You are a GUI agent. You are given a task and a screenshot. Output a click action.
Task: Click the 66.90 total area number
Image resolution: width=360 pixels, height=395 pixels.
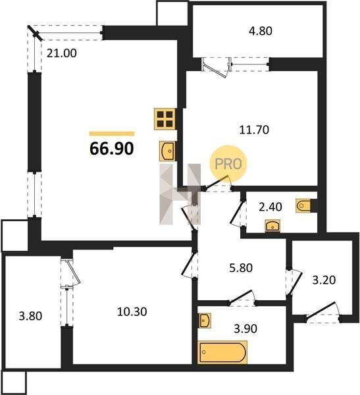[x=112, y=149]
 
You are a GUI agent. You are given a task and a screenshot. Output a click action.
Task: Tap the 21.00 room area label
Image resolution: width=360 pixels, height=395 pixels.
[x=62, y=53]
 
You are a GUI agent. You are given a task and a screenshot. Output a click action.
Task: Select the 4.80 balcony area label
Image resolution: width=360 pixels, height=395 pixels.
[x=261, y=31]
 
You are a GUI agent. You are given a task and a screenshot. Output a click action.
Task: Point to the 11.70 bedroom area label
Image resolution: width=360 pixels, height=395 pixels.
[x=254, y=130]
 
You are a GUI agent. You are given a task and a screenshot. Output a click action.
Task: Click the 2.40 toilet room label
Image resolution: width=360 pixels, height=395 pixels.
[x=270, y=207]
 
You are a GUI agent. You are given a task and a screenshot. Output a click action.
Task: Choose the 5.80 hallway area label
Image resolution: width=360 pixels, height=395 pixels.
[x=241, y=268]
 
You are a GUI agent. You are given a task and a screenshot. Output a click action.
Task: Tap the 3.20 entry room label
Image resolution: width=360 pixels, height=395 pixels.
[x=324, y=280]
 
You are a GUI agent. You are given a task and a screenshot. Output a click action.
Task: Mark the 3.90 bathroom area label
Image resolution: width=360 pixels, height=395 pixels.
[x=245, y=329]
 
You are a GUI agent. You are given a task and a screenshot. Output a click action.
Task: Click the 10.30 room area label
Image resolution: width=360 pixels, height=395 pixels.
[x=132, y=312]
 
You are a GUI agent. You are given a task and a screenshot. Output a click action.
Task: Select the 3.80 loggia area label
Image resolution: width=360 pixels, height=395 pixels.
[x=30, y=316]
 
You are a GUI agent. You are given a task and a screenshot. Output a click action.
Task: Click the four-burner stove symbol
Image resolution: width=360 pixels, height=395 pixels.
[x=165, y=119]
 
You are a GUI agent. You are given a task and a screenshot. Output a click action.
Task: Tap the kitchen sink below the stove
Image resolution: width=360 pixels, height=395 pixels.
[x=167, y=151]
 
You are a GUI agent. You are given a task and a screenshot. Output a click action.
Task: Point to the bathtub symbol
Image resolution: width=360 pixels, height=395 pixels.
[x=222, y=352]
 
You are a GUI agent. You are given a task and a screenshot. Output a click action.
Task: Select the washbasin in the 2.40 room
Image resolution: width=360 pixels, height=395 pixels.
[x=272, y=226]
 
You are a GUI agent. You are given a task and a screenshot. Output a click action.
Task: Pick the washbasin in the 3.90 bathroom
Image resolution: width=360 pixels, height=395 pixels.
[x=205, y=321]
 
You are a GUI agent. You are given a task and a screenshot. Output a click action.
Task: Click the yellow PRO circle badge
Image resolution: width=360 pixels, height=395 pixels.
[x=228, y=164]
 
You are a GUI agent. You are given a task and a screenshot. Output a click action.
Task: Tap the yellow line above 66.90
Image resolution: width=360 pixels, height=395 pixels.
[x=112, y=134]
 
